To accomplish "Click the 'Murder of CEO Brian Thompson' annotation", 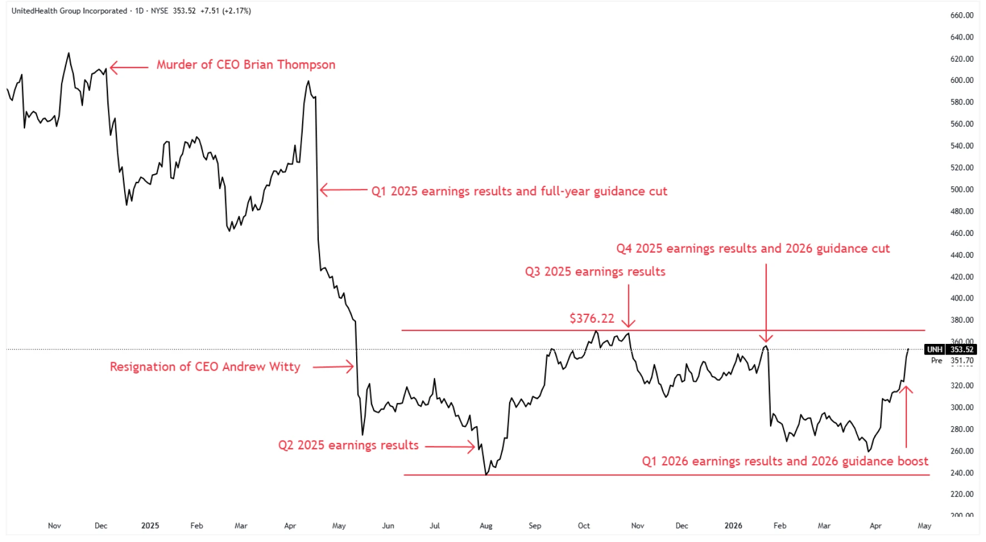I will coord(245,65).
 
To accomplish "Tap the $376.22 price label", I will coord(591,318).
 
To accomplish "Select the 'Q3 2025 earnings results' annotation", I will coord(595,272).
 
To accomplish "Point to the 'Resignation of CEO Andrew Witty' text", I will coord(205,367).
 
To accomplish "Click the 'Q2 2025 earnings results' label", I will coord(348,445).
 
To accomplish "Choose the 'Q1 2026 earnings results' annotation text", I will coord(785,461).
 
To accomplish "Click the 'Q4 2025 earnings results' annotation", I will coord(752,248).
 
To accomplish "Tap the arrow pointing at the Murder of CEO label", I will coord(129,67).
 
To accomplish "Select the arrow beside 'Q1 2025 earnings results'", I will coord(343,190).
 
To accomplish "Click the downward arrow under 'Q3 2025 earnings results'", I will coord(628,306).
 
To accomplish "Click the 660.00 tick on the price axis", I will coord(962,16).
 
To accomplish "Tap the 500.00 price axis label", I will coord(962,189).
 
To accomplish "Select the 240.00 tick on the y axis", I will coord(962,473).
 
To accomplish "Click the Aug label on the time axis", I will coord(486,526).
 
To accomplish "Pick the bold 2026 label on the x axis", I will coord(733,526).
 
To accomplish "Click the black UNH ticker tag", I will coord(934,349).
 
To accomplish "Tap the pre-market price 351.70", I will coord(962,361).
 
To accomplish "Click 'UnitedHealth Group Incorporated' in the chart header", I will coord(69,11).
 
